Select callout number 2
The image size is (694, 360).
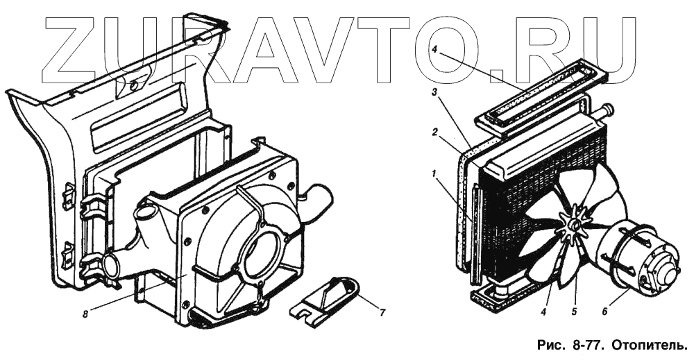tap(436, 132)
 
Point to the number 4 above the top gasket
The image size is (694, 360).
tap(434, 50)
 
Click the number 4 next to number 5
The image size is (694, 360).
tap(543, 311)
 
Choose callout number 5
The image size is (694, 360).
tap(574, 311)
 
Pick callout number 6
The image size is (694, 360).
tap(605, 311)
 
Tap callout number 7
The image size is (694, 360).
tap(382, 312)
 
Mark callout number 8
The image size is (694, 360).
tap(85, 314)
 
